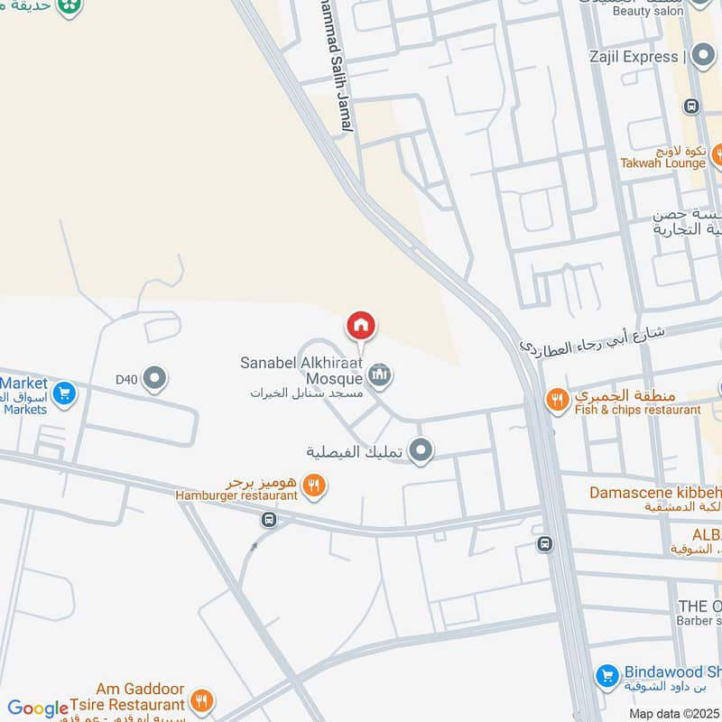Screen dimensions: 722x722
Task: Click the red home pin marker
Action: point(361,326)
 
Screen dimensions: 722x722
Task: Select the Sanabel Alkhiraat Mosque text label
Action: point(301,370)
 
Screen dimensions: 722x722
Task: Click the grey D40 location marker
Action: point(155,378)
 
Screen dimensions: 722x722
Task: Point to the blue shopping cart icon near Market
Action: point(63,393)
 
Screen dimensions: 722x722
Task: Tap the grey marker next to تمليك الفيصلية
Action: point(420,449)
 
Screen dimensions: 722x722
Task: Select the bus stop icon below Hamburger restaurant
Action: point(268,520)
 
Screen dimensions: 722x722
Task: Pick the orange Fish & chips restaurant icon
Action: point(558,398)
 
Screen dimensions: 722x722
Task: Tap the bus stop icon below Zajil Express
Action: point(692,106)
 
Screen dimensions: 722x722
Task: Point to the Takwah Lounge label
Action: point(662,163)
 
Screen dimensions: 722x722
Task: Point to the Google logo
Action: point(38,708)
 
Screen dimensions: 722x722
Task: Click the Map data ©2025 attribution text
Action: point(672,713)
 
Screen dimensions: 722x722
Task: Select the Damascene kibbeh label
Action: point(655,493)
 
